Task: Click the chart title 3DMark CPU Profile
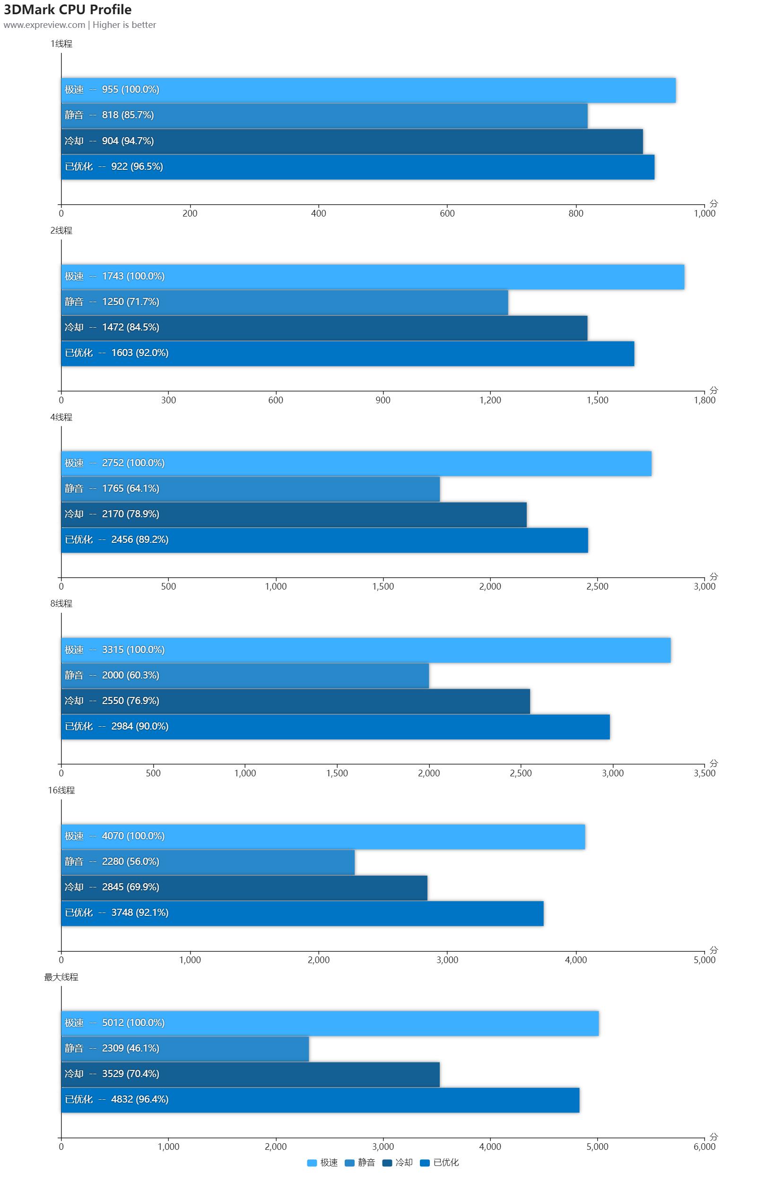click(68, 9)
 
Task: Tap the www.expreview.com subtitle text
click(44, 25)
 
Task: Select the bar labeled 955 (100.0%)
click(367, 90)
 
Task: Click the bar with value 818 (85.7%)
click(324, 115)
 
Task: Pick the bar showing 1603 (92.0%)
click(347, 353)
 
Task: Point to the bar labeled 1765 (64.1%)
click(250, 489)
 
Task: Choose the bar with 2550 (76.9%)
click(295, 701)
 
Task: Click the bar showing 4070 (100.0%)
click(323, 836)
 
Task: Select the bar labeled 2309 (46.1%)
click(185, 1048)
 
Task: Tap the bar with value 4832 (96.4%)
click(320, 1100)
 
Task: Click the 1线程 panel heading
click(61, 43)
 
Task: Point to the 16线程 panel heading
click(61, 790)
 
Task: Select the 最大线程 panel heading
click(61, 977)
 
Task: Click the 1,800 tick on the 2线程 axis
click(704, 400)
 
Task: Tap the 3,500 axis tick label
click(704, 774)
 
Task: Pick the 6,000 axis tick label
click(704, 1147)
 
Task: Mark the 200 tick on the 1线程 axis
click(190, 214)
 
